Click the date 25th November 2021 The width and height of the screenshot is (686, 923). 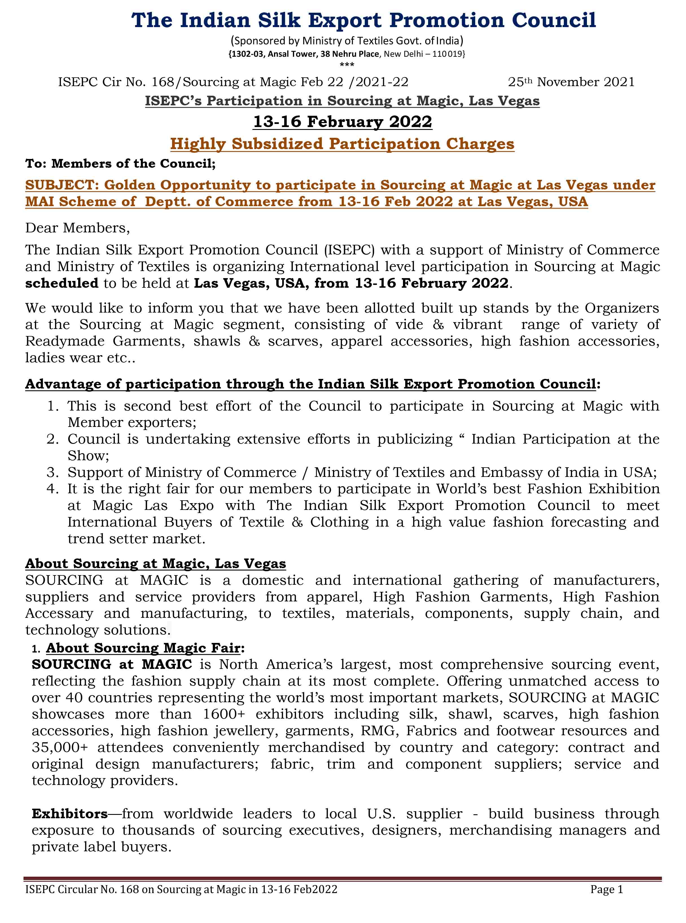click(571, 82)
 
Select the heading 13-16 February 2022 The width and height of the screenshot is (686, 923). click(343, 122)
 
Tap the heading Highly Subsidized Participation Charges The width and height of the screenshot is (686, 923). click(342, 144)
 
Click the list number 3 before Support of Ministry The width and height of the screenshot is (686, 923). click(53, 472)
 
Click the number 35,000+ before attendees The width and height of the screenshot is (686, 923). click(60, 747)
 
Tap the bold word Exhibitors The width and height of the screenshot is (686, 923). click(70, 813)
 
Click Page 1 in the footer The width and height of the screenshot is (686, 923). click(607, 889)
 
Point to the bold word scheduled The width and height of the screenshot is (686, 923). click(62, 283)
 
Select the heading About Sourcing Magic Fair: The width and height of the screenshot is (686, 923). click(145, 648)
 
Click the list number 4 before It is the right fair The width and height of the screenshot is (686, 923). click(53, 489)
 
